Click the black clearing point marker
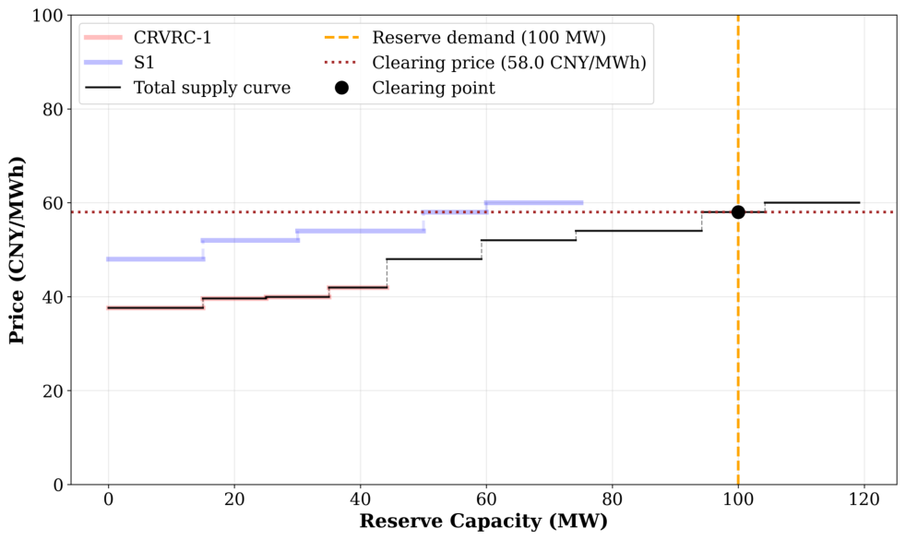point(738,212)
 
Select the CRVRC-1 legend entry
point(148,38)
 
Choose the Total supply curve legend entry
point(188,88)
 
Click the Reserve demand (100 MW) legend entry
point(465,38)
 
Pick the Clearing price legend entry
point(485,63)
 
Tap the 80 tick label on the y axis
point(54,109)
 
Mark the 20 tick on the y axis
point(54,390)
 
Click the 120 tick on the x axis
point(864,498)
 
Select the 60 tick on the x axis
point(486,498)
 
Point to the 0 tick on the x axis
point(108,498)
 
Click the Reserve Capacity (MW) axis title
point(483,521)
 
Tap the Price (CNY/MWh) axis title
point(17,250)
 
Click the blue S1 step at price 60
point(534,203)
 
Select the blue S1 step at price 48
point(155,259)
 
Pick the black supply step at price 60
point(813,203)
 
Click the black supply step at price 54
point(639,232)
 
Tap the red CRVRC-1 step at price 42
point(358,287)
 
